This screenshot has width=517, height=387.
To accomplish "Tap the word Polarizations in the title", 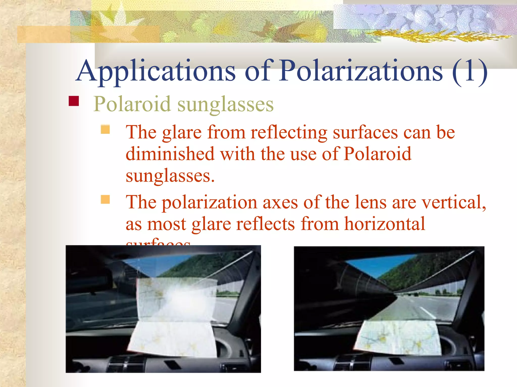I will (x=361, y=71).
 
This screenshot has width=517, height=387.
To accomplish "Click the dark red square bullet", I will (x=74, y=101).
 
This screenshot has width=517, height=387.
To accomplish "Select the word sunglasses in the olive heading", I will (x=225, y=104).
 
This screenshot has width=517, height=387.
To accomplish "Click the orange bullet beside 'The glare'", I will (x=105, y=130).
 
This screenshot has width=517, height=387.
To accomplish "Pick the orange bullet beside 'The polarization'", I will (x=105, y=200).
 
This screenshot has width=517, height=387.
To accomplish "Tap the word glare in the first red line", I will (x=182, y=133).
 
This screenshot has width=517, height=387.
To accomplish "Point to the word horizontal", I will (x=385, y=224).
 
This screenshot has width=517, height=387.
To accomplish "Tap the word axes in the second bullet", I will (x=280, y=202).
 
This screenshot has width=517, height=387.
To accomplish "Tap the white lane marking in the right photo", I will (x=427, y=312).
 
